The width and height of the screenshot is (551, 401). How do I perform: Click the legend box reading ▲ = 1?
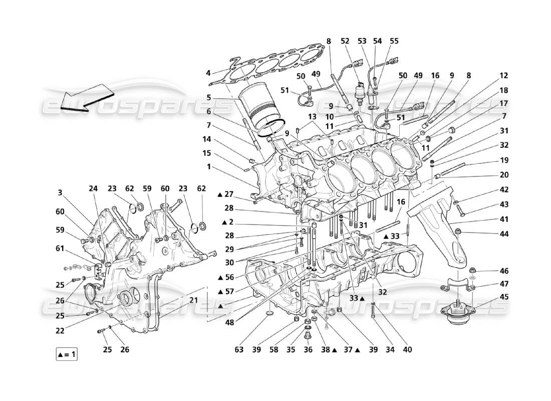click(67, 355)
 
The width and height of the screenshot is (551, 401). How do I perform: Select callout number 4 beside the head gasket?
click(208, 73)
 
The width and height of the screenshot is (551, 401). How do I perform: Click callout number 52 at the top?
click(345, 41)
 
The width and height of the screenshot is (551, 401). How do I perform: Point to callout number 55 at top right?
click(395, 41)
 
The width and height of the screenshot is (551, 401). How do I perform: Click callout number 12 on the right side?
click(504, 76)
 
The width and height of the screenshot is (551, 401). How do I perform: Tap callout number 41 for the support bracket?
click(504, 219)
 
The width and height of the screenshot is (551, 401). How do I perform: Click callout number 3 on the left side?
click(60, 192)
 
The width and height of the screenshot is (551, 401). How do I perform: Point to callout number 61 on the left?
click(60, 248)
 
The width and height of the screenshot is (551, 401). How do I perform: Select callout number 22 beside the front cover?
click(60, 331)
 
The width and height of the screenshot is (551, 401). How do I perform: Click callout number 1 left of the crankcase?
click(208, 167)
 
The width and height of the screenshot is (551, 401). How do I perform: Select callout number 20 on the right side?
click(504, 175)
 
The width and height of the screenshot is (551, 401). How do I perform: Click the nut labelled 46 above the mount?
click(472, 271)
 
